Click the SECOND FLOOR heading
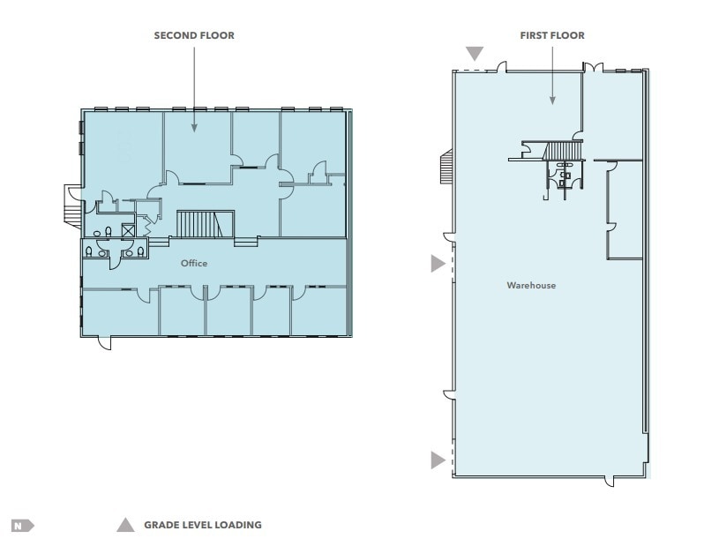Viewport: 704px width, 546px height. tap(194, 35)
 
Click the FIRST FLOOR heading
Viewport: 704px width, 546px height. tap(552, 35)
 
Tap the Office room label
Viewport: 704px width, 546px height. tap(194, 263)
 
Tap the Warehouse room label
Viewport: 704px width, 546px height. tap(531, 285)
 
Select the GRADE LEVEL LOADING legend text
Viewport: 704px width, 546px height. tap(203, 525)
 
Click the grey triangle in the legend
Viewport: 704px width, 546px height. tap(125, 526)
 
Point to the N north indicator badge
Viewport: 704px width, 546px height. tap(21, 526)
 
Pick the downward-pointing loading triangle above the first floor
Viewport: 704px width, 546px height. tap(476, 55)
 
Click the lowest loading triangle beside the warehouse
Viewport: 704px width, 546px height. tap(438, 459)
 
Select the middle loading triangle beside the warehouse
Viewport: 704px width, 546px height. tap(438, 263)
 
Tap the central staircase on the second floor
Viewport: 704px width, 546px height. tap(205, 223)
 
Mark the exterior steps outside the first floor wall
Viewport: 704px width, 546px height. tap(445, 165)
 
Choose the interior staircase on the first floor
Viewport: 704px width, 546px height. tap(559, 152)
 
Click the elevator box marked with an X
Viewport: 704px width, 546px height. tap(127, 232)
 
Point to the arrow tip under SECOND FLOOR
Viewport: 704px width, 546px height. tap(194, 131)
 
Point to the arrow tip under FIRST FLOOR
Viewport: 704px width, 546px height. tap(552, 103)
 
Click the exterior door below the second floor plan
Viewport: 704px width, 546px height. tap(104, 342)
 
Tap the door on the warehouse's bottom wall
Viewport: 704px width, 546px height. tap(609, 481)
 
